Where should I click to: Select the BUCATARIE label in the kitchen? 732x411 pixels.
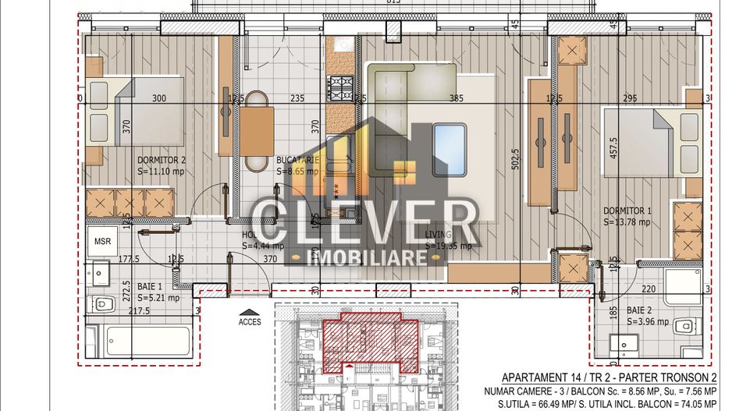click(x=298, y=161)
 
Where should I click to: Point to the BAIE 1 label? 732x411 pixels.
click(x=152, y=285)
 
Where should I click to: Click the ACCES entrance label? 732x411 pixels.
click(x=251, y=320)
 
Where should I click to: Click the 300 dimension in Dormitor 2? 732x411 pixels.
click(x=159, y=98)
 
